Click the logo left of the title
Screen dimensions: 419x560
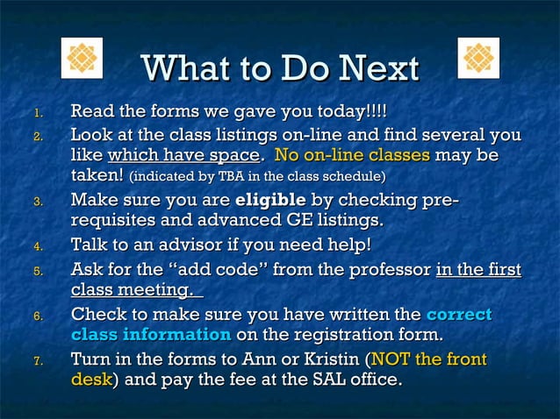(x=82, y=59)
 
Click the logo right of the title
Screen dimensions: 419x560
(x=478, y=59)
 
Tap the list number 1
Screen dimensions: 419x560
(x=37, y=113)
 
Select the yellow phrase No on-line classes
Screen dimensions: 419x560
(x=352, y=156)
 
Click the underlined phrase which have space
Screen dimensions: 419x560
(x=183, y=156)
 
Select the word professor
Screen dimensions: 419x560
(x=387, y=268)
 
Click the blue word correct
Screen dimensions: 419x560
(x=458, y=314)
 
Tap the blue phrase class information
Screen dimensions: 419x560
(x=151, y=335)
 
